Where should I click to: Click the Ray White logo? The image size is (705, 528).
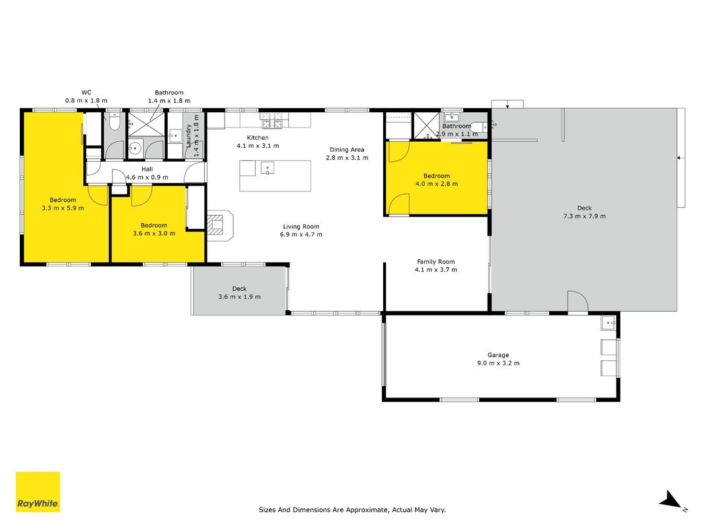pyautogui.click(x=38, y=492)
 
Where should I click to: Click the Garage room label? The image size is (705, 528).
pyautogui.click(x=498, y=354)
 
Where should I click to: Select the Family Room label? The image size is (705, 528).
pyautogui.click(x=435, y=261)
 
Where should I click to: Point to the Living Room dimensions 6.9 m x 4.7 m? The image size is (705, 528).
pyautogui.click(x=301, y=234)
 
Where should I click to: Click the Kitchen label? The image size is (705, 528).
pyautogui.click(x=258, y=137)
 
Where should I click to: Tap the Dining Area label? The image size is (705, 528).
pyautogui.click(x=347, y=150)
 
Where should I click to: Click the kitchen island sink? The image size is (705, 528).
pyautogui.click(x=268, y=168)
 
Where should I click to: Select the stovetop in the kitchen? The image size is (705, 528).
pyautogui.click(x=272, y=119)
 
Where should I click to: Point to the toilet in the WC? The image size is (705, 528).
pyautogui.click(x=114, y=121)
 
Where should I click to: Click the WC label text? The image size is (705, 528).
pyautogui.click(x=87, y=92)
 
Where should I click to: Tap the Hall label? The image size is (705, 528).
pyautogui.click(x=147, y=169)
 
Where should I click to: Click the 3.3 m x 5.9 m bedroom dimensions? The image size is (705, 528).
pyautogui.click(x=63, y=208)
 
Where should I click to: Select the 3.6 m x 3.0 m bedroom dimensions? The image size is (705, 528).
pyautogui.click(x=154, y=234)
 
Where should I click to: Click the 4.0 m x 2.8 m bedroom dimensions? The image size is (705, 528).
pyautogui.click(x=437, y=183)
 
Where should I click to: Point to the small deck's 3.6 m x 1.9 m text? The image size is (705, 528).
pyautogui.click(x=240, y=297)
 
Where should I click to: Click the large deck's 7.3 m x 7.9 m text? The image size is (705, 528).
pyautogui.click(x=585, y=216)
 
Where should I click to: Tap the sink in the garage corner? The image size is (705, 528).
pyautogui.click(x=609, y=323)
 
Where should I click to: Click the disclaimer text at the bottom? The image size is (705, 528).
pyautogui.click(x=353, y=510)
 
